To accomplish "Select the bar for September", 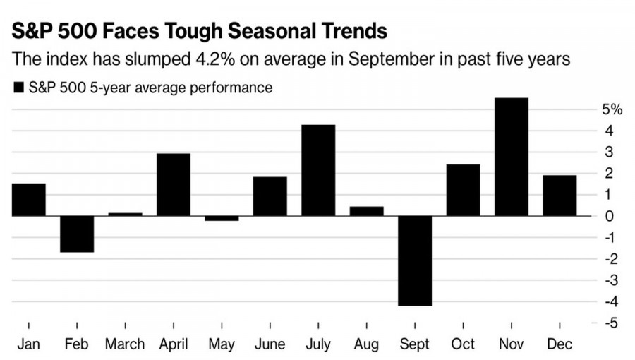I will (x=415, y=260).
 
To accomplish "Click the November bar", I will (x=512, y=157).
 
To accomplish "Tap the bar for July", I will (x=318, y=170).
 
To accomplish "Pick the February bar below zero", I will (x=77, y=234).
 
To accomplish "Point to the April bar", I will (x=174, y=184).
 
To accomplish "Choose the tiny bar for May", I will (x=222, y=218).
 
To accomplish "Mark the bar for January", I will (x=29, y=200).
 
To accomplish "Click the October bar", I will (x=463, y=190).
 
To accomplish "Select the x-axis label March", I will (x=125, y=344).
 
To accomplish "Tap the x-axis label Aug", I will (x=366, y=344).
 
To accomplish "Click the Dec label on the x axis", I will (x=560, y=344).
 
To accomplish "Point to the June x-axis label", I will (x=270, y=344).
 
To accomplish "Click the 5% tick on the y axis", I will (x=612, y=109).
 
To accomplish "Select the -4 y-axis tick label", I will (x=611, y=301).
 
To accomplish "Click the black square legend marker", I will (x=18, y=88).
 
